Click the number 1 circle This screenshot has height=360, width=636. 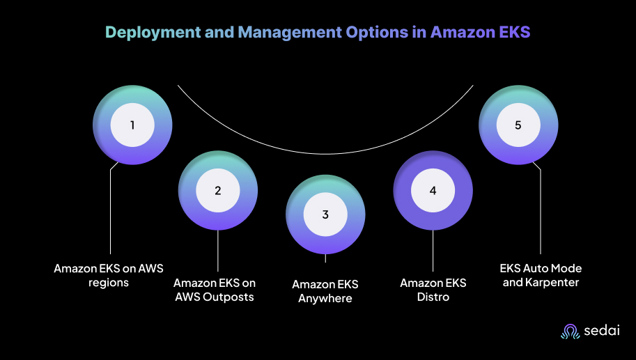(132, 125)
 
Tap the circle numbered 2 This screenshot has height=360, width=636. (218, 190)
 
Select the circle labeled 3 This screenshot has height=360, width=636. (325, 214)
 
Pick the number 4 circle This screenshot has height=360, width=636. (433, 190)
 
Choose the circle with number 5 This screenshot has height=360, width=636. (518, 125)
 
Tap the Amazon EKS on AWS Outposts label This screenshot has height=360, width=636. (215, 290)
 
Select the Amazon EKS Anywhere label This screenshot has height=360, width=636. (325, 291)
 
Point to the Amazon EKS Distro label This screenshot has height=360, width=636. (433, 290)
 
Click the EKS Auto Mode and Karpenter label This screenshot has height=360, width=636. (541, 275)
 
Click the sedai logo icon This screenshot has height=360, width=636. (571, 331)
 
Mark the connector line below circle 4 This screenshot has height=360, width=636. (433, 251)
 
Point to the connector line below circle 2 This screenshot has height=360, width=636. (218, 251)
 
